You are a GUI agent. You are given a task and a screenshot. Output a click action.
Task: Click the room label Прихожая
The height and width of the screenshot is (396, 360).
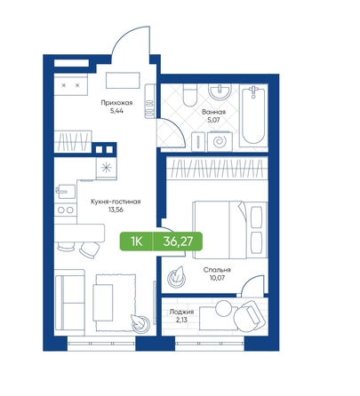coord(116,103)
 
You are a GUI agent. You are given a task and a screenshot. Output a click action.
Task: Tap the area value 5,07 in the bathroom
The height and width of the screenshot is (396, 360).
coord(213,120)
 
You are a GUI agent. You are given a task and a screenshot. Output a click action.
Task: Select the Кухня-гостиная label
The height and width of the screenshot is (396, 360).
coord(116,202)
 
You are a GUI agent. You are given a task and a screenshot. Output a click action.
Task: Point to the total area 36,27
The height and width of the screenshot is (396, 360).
coord(178,242)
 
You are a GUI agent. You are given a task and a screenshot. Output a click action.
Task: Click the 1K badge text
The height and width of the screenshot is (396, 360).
coord(137,242)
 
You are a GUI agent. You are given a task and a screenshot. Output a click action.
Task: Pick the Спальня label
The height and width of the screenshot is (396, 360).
coord(217,270)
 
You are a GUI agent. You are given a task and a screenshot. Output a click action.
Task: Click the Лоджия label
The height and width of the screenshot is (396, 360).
coord(181,312)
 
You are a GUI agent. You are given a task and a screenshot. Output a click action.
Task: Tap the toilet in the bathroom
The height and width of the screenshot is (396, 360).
coord(190,95)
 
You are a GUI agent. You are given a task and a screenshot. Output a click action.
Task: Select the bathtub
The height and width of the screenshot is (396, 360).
coord(253,115)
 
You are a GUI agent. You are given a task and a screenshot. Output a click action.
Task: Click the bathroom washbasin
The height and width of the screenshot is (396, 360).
coord(220,91)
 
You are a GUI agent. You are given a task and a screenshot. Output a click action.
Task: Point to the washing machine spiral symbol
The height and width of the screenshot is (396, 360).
coord(220,142)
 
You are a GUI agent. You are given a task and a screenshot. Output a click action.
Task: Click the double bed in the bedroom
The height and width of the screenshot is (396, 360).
coord(230,230)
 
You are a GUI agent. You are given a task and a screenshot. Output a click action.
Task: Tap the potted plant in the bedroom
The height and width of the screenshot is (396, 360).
coord(177,277)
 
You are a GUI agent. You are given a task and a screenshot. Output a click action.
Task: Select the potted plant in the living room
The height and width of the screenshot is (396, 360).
coord(140,323)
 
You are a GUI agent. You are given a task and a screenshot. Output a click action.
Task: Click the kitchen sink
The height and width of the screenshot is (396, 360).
coord(66,192)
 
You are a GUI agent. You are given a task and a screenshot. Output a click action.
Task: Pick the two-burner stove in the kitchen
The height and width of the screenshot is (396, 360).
coord(66,210)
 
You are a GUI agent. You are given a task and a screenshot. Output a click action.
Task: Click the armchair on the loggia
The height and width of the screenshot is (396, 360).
coord(249,316)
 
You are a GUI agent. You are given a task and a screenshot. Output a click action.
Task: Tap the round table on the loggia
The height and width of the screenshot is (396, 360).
coord(223,308)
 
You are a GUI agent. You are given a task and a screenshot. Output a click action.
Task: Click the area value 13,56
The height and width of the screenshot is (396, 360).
coord(116,210)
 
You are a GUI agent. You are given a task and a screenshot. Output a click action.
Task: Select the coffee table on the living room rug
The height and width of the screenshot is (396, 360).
coord(103,303)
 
